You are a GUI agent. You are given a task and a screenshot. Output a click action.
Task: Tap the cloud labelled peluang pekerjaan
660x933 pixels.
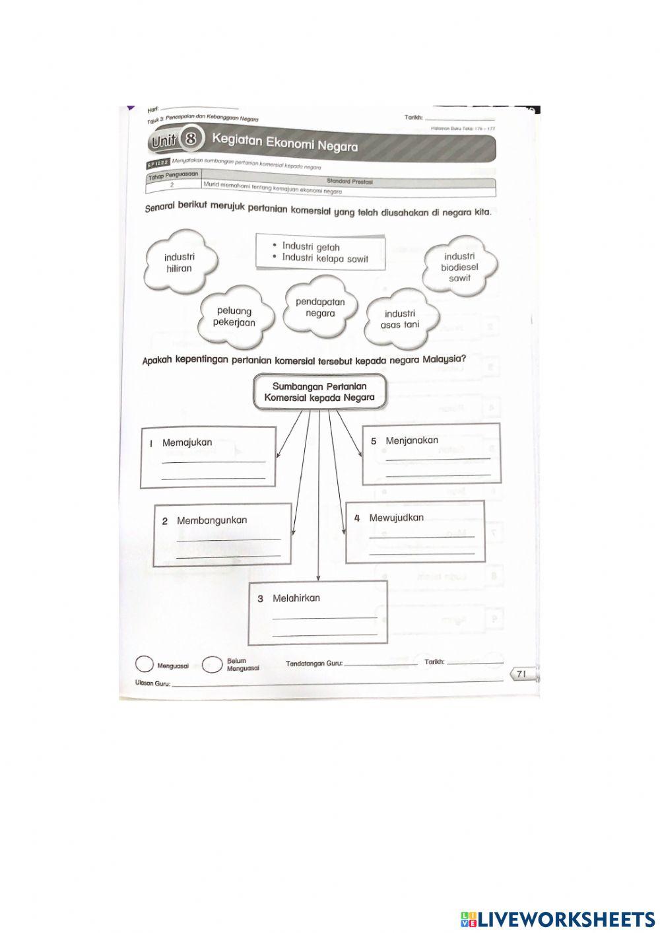click(234, 316)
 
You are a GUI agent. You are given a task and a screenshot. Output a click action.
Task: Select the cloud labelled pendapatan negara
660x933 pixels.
click(320, 308)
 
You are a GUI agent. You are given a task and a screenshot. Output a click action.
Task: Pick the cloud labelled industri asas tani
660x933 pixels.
click(400, 319)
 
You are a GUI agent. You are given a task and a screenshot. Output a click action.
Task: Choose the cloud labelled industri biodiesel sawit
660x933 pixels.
click(459, 267)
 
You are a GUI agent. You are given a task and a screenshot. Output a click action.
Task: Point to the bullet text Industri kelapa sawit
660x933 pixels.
click(325, 258)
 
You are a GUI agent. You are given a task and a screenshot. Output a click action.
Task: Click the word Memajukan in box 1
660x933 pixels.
click(187, 442)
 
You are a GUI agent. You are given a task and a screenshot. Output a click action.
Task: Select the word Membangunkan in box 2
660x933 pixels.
click(212, 520)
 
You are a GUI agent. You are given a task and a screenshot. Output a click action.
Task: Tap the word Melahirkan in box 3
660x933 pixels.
click(296, 598)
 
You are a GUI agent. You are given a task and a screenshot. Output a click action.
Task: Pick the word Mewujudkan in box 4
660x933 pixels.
click(396, 518)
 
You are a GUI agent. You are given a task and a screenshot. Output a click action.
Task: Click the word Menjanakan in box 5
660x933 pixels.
click(412, 440)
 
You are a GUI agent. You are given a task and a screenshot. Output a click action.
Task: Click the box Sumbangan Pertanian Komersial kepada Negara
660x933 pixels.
click(319, 392)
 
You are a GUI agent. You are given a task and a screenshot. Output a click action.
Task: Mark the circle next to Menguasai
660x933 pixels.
click(143, 664)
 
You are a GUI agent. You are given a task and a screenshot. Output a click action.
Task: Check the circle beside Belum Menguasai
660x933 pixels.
click(212, 664)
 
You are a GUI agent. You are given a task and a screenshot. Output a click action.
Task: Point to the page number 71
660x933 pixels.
click(521, 674)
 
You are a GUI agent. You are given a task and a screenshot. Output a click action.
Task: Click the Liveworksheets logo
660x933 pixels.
click(558, 918)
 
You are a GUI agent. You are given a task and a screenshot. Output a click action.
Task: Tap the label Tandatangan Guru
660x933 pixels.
click(314, 663)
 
